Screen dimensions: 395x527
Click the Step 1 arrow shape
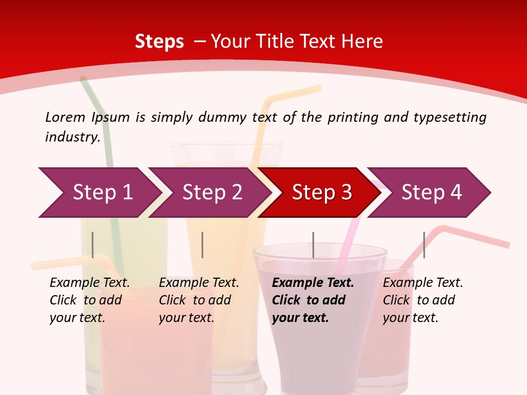tap(99, 193)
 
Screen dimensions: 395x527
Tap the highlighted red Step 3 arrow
tap(322, 193)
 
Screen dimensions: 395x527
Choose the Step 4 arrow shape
tap(431, 193)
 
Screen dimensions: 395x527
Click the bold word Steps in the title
tap(159, 42)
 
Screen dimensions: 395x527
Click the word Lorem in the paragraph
tap(65, 117)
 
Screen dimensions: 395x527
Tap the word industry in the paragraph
tap(72, 137)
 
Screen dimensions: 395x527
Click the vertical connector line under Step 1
tap(93, 245)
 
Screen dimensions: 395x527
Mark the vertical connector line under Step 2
tap(203, 245)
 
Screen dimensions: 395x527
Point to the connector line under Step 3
tap(313, 245)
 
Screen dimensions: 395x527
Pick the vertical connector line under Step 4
tap(424, 245)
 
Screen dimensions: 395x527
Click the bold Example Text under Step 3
tap(313, 283)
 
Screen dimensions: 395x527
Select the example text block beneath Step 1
tap(89, 300)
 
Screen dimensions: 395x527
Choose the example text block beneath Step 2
tap(199, 300)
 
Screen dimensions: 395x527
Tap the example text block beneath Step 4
tap(423, 300)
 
